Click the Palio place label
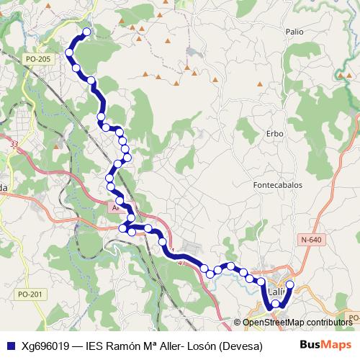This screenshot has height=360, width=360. click(294, 32)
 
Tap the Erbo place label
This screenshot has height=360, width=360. click(274, 134)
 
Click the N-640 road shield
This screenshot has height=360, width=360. click(312, 240)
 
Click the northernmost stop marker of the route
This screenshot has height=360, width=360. click(87, 32)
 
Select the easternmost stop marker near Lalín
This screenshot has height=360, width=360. click(290, 285)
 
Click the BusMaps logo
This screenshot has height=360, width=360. click(324, 345)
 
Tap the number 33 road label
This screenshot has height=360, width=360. click(14, 145)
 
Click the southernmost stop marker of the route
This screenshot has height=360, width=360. click(275, 305)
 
